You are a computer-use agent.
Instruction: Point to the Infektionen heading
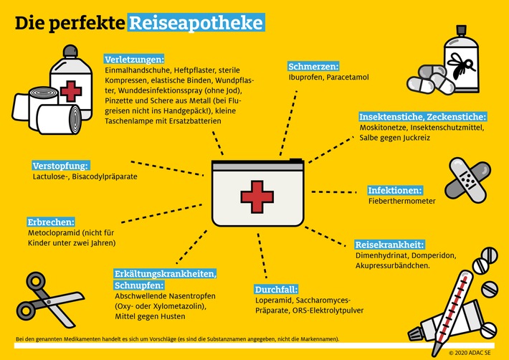coord(394,191)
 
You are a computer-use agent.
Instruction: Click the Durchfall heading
coord(277,289)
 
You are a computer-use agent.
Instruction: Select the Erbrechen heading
coord(51,222)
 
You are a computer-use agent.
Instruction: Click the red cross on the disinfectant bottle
coord(70,92)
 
